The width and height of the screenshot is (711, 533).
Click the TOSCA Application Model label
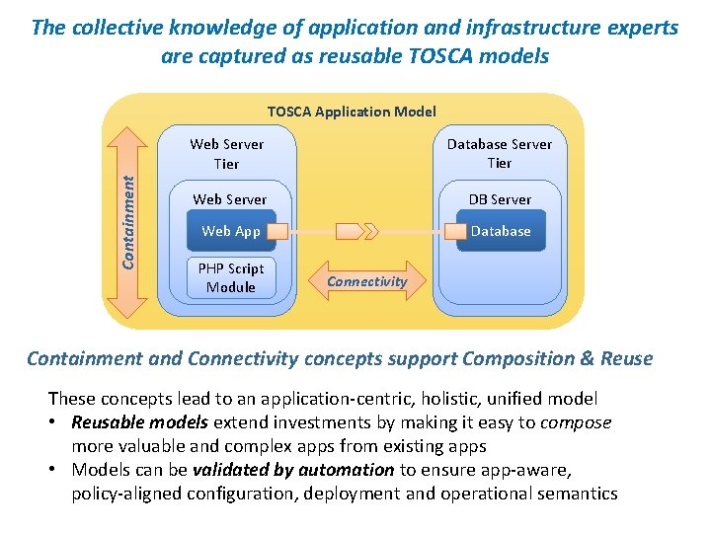click(352, 112)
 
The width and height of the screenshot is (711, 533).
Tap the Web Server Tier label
click(227, 153)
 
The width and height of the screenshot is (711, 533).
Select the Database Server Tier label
click(499, 153)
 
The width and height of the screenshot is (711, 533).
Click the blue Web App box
click(230, 231)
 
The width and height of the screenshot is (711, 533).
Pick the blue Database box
click(502, 231)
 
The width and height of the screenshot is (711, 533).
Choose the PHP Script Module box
click(230, 277)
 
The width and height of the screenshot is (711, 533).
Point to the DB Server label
click(500, 199)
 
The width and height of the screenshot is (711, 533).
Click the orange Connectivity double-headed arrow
click(366, 281)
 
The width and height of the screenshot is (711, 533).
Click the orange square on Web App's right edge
click(278, 232)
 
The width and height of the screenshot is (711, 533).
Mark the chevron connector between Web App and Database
click(356, 232)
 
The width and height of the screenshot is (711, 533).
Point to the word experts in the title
click(638, 27)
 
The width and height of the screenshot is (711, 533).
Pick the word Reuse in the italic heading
click(626, 358)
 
